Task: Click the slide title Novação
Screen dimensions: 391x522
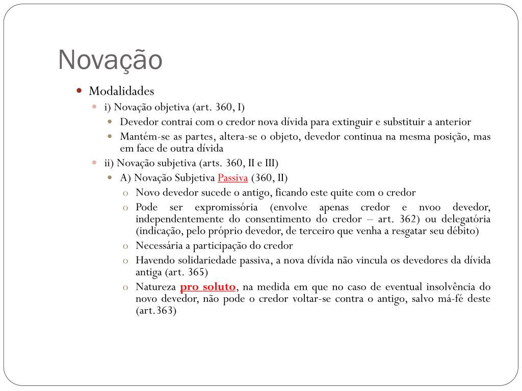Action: click(110, 60)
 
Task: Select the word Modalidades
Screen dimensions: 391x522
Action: click(121, 91)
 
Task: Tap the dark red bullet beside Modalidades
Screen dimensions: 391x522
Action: click(79, 91)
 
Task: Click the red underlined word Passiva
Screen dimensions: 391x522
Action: click(232, 178)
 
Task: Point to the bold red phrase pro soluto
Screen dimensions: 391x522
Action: click(208, 287)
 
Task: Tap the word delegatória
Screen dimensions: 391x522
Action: click(464, 219)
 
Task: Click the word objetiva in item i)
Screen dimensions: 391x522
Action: click(172, 107)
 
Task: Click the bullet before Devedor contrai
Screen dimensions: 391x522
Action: click(110, 122)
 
